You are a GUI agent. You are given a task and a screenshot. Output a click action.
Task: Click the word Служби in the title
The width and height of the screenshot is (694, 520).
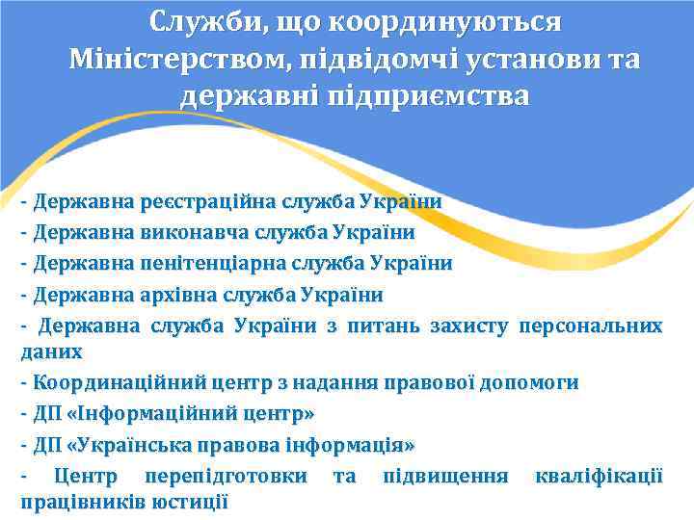click(x=200, y=20)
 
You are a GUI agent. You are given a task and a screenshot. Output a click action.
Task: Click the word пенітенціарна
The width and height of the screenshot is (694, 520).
click(x=207, y=263)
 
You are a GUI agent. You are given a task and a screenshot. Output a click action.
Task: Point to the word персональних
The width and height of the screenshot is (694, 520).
click(x=590, y=325)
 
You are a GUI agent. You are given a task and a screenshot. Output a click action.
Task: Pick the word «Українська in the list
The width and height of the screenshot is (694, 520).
click(x=134, y=445)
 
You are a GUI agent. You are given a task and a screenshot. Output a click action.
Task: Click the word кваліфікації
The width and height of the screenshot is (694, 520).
click(x=599, y=476)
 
